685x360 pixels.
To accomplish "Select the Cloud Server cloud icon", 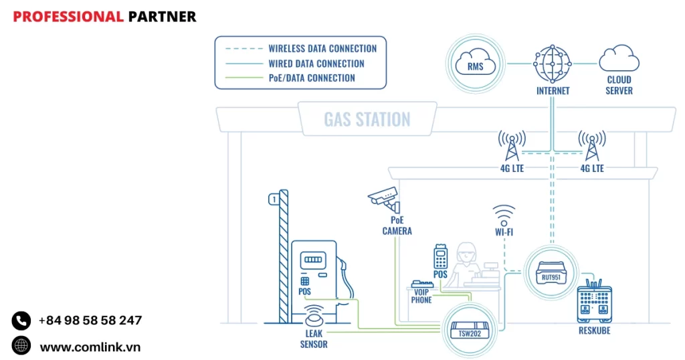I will coord(618,59).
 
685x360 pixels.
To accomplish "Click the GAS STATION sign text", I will coord(367,120).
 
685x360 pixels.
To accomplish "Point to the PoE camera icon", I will coord(383,197).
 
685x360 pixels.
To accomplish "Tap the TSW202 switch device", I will coord(468,328).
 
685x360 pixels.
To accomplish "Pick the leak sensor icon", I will coord(314,314).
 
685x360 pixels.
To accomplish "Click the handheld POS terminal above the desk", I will coord(440,256).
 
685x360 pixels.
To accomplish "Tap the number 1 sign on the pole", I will coord(273,199).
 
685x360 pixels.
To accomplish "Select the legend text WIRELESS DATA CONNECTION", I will coord(322,49).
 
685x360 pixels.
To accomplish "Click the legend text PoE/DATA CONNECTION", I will coord(312,78).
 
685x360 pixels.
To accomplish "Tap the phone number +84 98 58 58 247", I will coord(90,321).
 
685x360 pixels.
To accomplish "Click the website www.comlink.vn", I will coord(90,347).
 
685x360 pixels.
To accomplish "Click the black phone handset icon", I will coord(21,321).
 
